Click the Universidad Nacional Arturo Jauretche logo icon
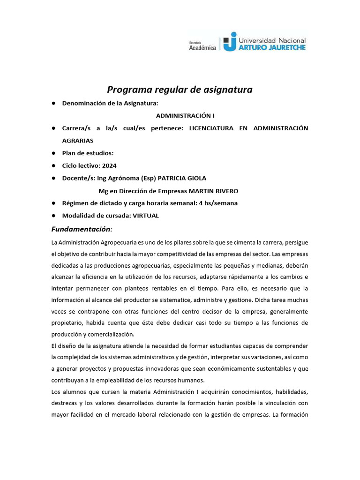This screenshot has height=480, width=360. click(x=230, y=42)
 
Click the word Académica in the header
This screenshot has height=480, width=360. click(x=202, y=47)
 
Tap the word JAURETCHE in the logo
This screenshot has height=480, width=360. click(x=285, y=47)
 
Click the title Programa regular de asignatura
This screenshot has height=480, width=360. click(x=180, y=89)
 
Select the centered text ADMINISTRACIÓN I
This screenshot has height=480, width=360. click(x=185, y=115)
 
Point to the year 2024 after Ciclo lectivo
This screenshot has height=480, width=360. click(x=109, y=165)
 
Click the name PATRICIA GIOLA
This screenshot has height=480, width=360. click(x=181, y=178)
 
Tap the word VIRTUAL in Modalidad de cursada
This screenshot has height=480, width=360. click(x=146, y=216)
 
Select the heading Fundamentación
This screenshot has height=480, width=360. click(x=82, y=229)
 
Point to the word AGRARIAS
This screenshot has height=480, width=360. click(x=78, y=140)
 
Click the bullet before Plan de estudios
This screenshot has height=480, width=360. click(x=54, y=153)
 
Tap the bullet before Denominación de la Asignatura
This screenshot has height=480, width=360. click(x=54, y=103)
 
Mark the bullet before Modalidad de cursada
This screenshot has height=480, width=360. click(x=54, y=216)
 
